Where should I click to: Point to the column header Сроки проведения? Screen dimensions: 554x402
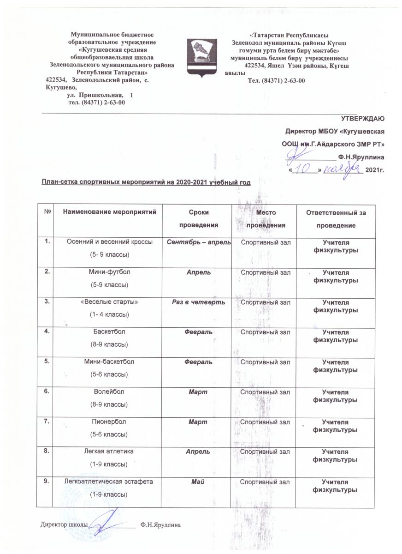click(198, 218)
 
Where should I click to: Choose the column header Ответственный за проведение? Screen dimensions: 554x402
click(335, 219)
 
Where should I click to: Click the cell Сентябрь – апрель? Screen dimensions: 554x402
click(198, 243)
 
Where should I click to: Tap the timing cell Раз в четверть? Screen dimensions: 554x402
click(198, 302)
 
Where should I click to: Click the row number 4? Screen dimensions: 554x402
click(47, 332)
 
